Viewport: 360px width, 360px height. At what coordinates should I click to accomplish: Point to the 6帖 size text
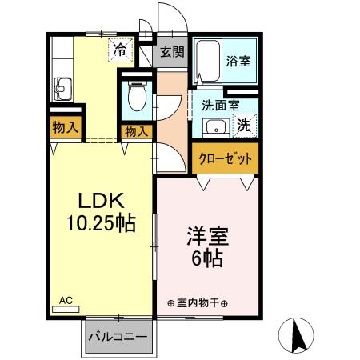click(x=206, y=258)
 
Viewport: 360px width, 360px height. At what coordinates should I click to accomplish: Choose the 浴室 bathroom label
click(x=238, y=61)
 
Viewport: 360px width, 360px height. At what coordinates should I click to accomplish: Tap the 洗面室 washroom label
click(x=218, y=103)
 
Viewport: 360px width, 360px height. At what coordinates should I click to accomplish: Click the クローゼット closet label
click(x=226, y=157)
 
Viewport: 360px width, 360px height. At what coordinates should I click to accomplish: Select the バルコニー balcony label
click(x=118, y=337)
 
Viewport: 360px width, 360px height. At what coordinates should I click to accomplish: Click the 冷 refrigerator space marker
click(x=118, y=50)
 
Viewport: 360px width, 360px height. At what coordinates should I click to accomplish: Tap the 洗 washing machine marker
click(x=243, y=125)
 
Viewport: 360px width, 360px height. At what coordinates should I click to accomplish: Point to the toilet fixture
click(x=136, y=98)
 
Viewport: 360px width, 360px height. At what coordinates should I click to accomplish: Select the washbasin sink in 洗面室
click(x=214, y=126)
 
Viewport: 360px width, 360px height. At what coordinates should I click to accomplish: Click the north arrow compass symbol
click(x=299, y=334)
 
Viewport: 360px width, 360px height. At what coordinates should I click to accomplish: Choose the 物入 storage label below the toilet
click(x=135, y=131)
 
